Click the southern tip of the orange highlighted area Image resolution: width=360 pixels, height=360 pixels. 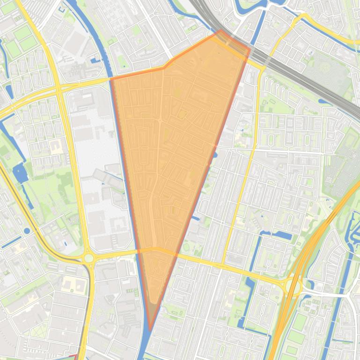pos(150,330)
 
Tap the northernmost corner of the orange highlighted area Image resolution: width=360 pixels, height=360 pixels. pos(221,31)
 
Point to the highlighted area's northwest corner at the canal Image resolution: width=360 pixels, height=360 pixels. pos(111,79)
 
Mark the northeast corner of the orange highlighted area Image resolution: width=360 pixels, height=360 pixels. pos(249,49)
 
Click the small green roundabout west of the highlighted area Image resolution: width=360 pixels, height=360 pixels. pos(88,258)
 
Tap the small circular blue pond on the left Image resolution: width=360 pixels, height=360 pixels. pos(27,230)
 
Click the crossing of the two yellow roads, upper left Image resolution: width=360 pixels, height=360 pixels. pos(59,88)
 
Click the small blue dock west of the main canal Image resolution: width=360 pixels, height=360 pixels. pos(96,59)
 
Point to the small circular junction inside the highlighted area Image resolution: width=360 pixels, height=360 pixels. pos(160,121)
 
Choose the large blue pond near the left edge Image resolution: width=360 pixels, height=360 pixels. pos(20,173)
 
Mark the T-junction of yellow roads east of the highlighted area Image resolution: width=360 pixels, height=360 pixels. pos(223,265)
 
